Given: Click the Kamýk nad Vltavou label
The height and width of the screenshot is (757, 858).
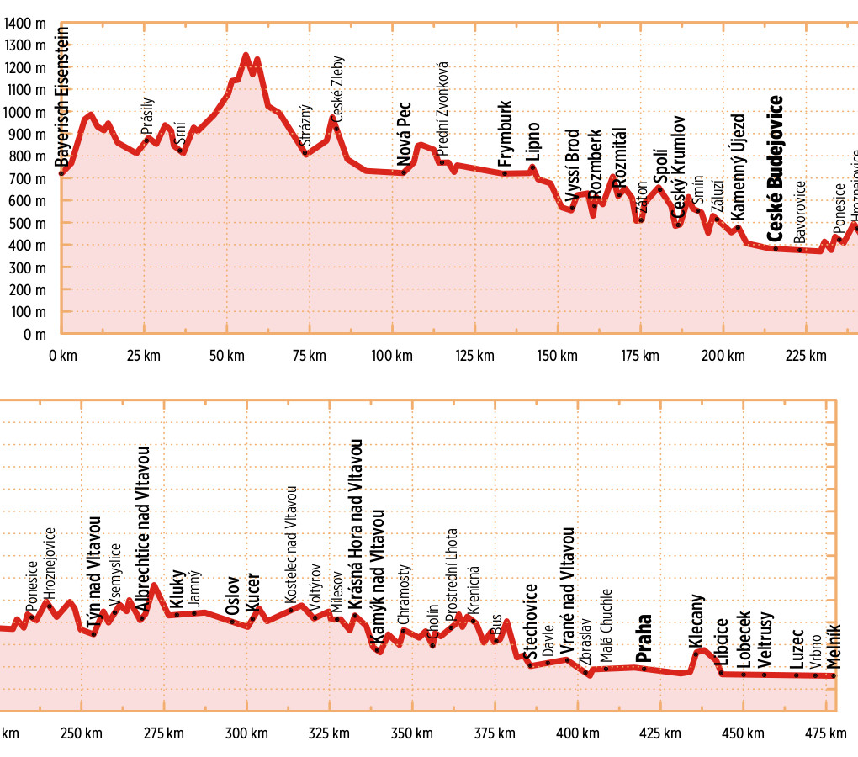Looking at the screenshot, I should click(x=378, y=577).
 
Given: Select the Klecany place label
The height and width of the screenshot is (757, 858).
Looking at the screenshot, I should click(x=696, y=620).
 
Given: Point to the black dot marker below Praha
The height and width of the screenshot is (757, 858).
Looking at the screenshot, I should click(x=643, y=668).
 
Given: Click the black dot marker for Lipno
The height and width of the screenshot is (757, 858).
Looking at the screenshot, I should click(x=532, y=167).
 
